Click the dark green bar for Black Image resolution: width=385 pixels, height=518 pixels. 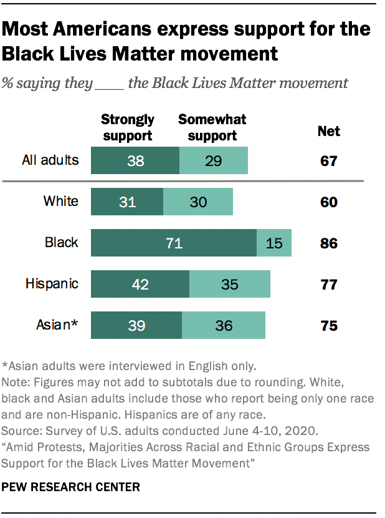pyautogui.click(x=174, y=243)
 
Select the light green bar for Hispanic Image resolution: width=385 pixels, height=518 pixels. pyautogui.click(x=230, y=284)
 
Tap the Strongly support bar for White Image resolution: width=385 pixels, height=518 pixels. pyautogui.click(x=127, y=201)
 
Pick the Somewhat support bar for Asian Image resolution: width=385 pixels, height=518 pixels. pyautogui.click(x=224, y=326)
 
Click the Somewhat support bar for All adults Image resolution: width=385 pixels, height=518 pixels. pyautogui.click(x=214, y=160)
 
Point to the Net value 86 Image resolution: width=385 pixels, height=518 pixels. pyautogui.click(x=328, y=243)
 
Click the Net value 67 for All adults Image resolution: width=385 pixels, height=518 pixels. pyautogui.click(x=328, y=160)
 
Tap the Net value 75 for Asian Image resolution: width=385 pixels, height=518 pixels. pyautogui.click(x=328, y=326)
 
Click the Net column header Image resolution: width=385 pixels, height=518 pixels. pyautogui.click(x=328, y=131)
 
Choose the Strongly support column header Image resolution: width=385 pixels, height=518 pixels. pyautogui.click(x=128, y=127)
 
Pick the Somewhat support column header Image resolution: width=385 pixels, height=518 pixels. pyautogui.click(x=212, y=127)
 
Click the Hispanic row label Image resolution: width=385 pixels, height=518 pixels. pyautogui.click(x=52, y=284)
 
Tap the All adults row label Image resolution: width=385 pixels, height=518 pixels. pyautogui.click(x=50, y=160)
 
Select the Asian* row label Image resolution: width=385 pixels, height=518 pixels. pyautogui.click(x=58, y=326)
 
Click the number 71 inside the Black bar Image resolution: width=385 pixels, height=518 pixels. pyautogui.click(x=174, y=243)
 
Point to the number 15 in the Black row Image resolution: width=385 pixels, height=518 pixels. pyautogui.click(x=274, y=243)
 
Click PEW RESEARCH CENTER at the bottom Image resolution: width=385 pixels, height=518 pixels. pyautogui.click(x=71, y=486)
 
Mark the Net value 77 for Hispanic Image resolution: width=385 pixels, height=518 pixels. pyautogui.click(x=328, y=284)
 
